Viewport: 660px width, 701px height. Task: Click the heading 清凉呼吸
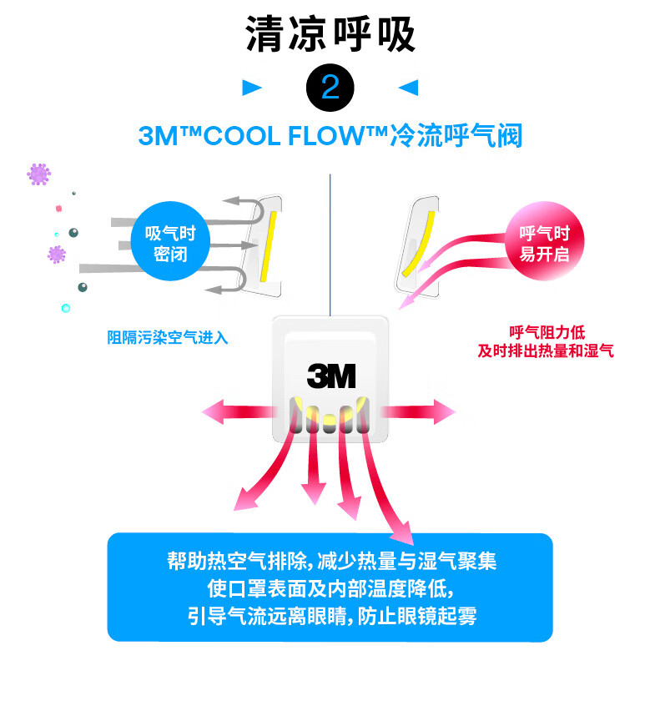point(330,35)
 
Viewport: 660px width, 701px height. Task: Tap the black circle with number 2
point(330,88)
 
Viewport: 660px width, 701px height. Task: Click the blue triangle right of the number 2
point(408,88)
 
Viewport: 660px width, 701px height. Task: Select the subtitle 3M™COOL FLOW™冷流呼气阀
point(330,136)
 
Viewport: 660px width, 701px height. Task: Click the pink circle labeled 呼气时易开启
point(544,243)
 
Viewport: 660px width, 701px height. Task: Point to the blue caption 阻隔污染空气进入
point(167,338)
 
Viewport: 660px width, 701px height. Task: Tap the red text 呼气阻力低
point(547,333)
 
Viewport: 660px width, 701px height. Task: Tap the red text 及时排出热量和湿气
point(546,351)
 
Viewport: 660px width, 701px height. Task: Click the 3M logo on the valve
point(331,376)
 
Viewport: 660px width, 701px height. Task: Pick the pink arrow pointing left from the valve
point(238,411)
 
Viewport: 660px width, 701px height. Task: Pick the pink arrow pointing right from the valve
point(421,411)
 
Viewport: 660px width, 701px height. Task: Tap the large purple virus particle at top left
point(39,174)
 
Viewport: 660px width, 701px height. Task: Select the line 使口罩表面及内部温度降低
point(330,588)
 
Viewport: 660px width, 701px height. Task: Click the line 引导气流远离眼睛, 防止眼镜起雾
point(330,617)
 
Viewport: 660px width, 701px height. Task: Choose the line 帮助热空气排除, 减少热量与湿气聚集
point(330,560)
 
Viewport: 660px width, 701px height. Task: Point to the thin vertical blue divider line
point(331,242)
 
